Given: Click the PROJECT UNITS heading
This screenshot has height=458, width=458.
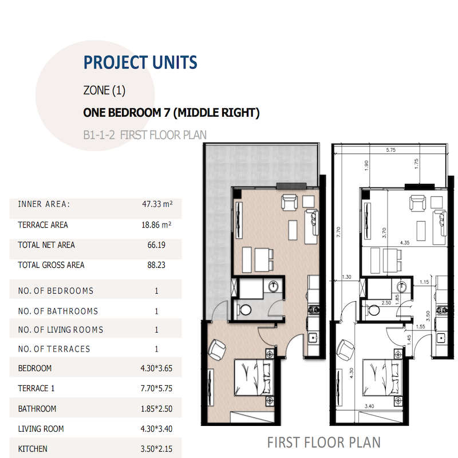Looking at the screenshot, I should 140,62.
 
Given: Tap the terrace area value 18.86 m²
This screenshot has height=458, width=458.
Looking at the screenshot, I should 157,225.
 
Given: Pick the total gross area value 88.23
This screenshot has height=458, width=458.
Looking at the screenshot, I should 157,265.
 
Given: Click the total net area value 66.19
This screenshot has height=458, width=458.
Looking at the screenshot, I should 157,245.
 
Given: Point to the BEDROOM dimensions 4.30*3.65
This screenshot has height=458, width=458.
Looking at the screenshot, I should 157,368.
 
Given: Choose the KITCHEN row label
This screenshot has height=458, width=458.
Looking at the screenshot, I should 33,449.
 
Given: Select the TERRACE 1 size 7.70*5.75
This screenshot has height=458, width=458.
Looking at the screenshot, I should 157,388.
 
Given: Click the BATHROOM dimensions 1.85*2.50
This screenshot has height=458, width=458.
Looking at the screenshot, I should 157,409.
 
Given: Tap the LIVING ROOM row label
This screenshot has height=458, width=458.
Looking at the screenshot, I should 41,429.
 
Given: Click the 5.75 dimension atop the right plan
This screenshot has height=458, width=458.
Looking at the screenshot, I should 391,151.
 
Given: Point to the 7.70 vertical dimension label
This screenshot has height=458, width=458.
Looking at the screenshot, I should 339,232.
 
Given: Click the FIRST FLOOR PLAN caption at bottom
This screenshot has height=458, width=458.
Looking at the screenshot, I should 323,443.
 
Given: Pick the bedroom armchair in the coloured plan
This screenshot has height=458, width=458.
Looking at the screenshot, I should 218,349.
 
